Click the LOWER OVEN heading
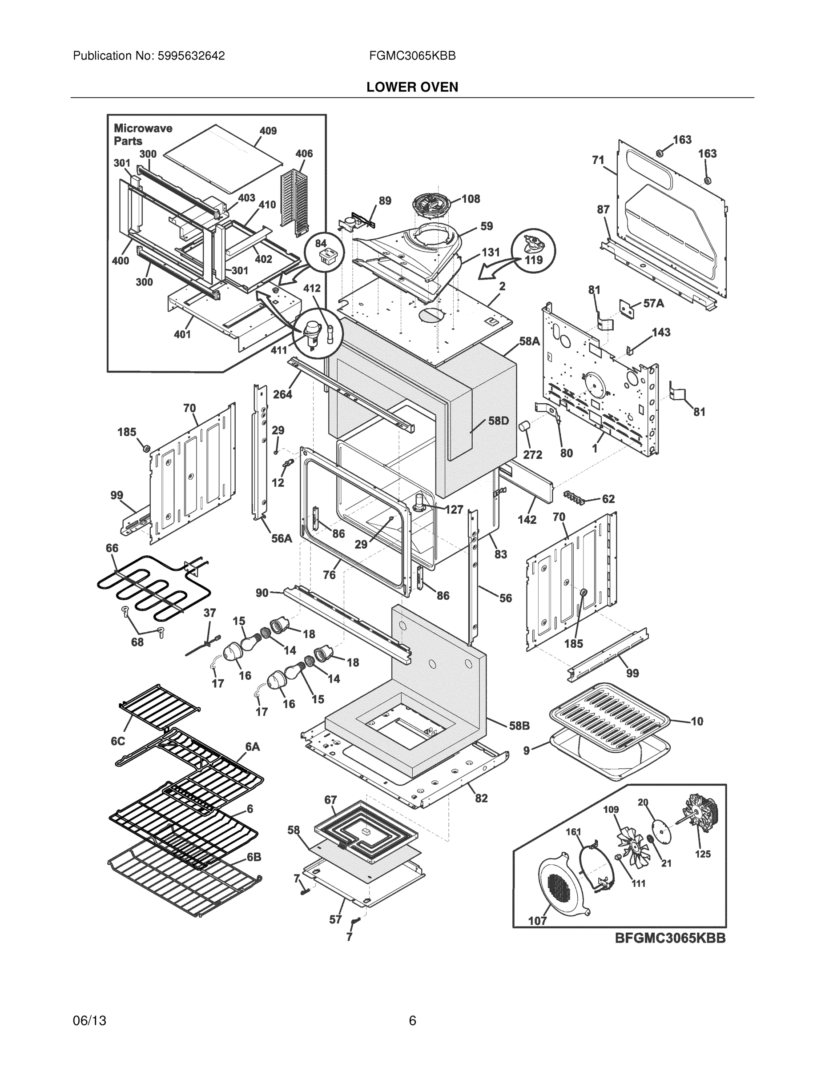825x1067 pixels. tap(412, 87)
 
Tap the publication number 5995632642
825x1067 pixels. tap(191, 56)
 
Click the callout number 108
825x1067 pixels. tap(471, 199)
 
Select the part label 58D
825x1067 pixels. tap(499, 421)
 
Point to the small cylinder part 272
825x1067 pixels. tap(524, 426)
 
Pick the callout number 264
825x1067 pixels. tap(282, 394)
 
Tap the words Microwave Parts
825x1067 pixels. tap(143, 134)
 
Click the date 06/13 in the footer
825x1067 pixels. tap(89, 1021)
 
